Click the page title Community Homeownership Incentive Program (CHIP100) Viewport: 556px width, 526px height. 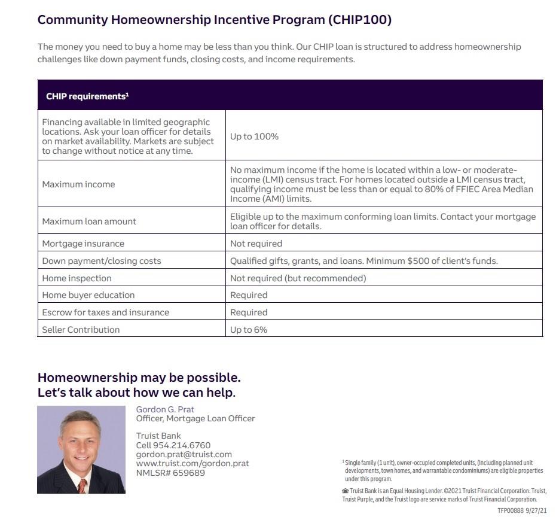(x=215, y=20)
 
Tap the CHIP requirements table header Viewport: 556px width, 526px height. (x=87, y=96)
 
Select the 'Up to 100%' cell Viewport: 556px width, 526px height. (x=254, y=136)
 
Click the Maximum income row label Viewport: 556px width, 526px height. (x=78, y=184)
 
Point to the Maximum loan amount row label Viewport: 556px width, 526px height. (x=89, y=221)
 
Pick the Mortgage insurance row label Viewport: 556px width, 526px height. (x=83, y=244)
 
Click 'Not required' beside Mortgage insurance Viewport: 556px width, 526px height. (x=256, y=244)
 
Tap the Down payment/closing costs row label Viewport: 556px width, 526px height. (x=102, y=261)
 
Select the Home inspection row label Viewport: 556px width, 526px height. (x=77, y=278)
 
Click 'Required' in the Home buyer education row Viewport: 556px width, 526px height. (x=249, y=295)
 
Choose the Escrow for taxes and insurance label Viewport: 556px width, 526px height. (x=105, y=312)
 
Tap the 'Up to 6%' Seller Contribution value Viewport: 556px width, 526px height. (x=249, y=330)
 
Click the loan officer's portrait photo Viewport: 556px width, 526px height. (x=81, y=449)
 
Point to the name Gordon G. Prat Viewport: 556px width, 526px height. (x=165, y=409)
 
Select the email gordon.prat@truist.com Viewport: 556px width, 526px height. (x=184, y=454)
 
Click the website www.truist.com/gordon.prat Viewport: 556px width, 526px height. (x=193, y=463)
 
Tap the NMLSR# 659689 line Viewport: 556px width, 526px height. (x=170, y=473)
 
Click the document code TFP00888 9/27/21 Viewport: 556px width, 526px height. (x=521, y=510)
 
